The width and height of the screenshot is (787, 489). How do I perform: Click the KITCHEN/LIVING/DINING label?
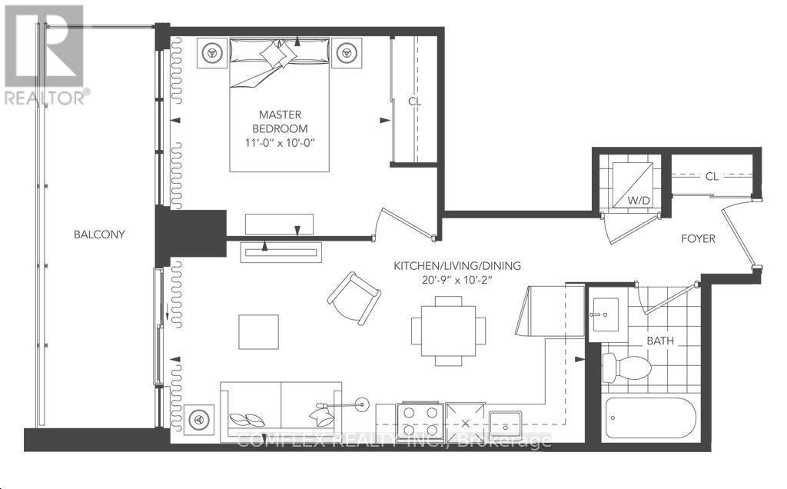point(457,265)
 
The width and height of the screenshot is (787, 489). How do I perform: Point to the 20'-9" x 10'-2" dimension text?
point(457,280)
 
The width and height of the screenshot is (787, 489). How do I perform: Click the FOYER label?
point(698,239)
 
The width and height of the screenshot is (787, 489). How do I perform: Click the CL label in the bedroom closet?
point(415,101)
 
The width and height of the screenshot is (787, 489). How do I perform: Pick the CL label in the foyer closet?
point(712,176)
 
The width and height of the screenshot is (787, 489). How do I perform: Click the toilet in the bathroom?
point(618,366)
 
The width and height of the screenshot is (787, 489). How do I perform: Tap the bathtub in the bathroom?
point(650,420)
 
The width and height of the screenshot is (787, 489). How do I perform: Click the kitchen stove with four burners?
point(421,421)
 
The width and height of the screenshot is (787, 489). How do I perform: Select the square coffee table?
point(258,332)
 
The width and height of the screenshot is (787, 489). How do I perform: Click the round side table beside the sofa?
point(200,420)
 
